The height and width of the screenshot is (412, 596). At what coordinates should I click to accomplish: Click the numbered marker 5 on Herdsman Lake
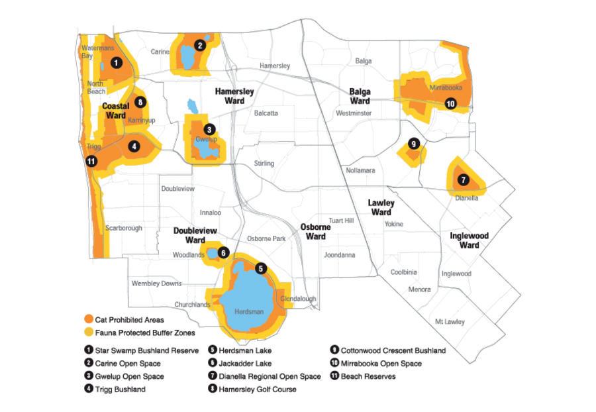click(x=261, y=268)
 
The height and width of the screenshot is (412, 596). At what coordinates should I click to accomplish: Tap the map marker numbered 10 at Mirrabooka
click(x=450, y=103)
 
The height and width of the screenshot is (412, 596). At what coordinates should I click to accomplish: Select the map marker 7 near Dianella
click(x=463, y=180)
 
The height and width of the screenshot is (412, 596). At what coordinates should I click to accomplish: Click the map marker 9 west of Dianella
click(x=414, y=144)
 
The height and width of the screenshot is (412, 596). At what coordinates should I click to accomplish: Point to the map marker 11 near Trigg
click(x=91, y=160)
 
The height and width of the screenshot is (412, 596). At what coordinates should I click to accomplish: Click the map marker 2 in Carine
click(x=199, y=46)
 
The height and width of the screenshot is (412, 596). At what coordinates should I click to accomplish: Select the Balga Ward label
click(x=360, y=96)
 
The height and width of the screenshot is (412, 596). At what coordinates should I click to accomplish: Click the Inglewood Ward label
click(x=469, y=240)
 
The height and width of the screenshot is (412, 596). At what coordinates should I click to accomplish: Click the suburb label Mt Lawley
click(x=449, y=322)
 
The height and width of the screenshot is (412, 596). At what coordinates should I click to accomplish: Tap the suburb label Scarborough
click(x=124, y=228)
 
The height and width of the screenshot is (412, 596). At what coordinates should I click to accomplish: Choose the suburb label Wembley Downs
click(x=156, y=283)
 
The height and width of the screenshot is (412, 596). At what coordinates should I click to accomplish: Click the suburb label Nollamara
click(x=360, y=171)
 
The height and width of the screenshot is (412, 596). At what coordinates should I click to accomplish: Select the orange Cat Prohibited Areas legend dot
click(x=88, y=320)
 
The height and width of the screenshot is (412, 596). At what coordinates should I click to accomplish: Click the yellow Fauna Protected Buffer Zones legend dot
click(x=88, y=333)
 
